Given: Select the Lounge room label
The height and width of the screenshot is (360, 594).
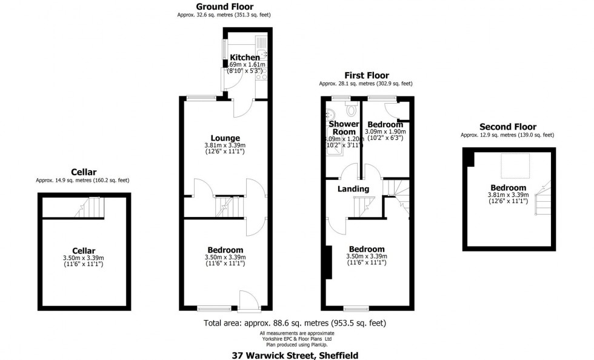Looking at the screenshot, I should [225, 138].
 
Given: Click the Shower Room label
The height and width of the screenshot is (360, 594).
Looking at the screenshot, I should [343, 128].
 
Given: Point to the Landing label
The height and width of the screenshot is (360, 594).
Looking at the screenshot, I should [353, 189].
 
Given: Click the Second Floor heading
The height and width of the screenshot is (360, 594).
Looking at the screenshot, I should [508, 127].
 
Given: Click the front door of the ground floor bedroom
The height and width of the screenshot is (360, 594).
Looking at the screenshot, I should [248, 299].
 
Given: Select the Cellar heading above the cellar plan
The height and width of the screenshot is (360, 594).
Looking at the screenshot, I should [83, 172].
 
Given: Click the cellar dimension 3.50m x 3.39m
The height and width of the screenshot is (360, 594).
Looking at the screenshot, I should [83, 258].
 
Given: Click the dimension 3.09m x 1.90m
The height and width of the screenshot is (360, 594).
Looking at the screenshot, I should [385, 131].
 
